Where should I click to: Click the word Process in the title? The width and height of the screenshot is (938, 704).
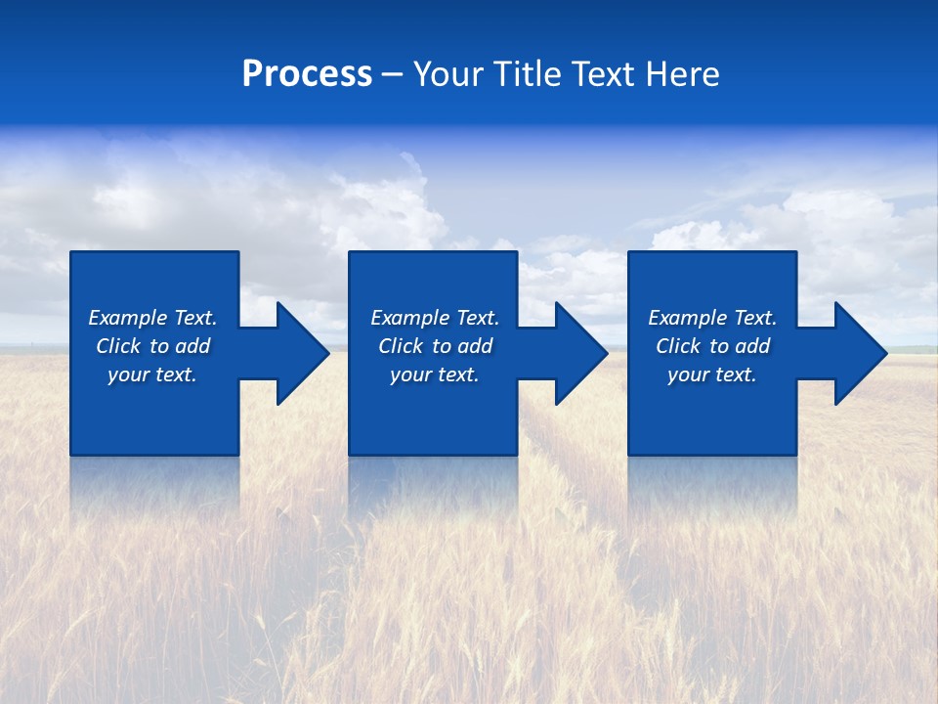307,74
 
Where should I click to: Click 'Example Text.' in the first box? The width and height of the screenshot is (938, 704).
152,318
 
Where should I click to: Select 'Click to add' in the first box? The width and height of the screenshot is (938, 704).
152,346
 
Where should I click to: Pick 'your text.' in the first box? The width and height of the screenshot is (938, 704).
152,374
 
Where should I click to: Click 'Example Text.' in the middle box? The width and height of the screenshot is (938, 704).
435,318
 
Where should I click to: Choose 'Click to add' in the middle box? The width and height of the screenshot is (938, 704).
435,346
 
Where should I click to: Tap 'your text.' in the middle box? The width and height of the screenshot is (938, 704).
435,374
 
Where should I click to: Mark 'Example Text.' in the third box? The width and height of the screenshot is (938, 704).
712,318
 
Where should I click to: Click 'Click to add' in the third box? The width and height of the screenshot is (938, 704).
712,346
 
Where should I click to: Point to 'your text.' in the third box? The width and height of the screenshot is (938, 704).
712,374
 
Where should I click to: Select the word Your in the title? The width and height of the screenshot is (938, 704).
448,74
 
